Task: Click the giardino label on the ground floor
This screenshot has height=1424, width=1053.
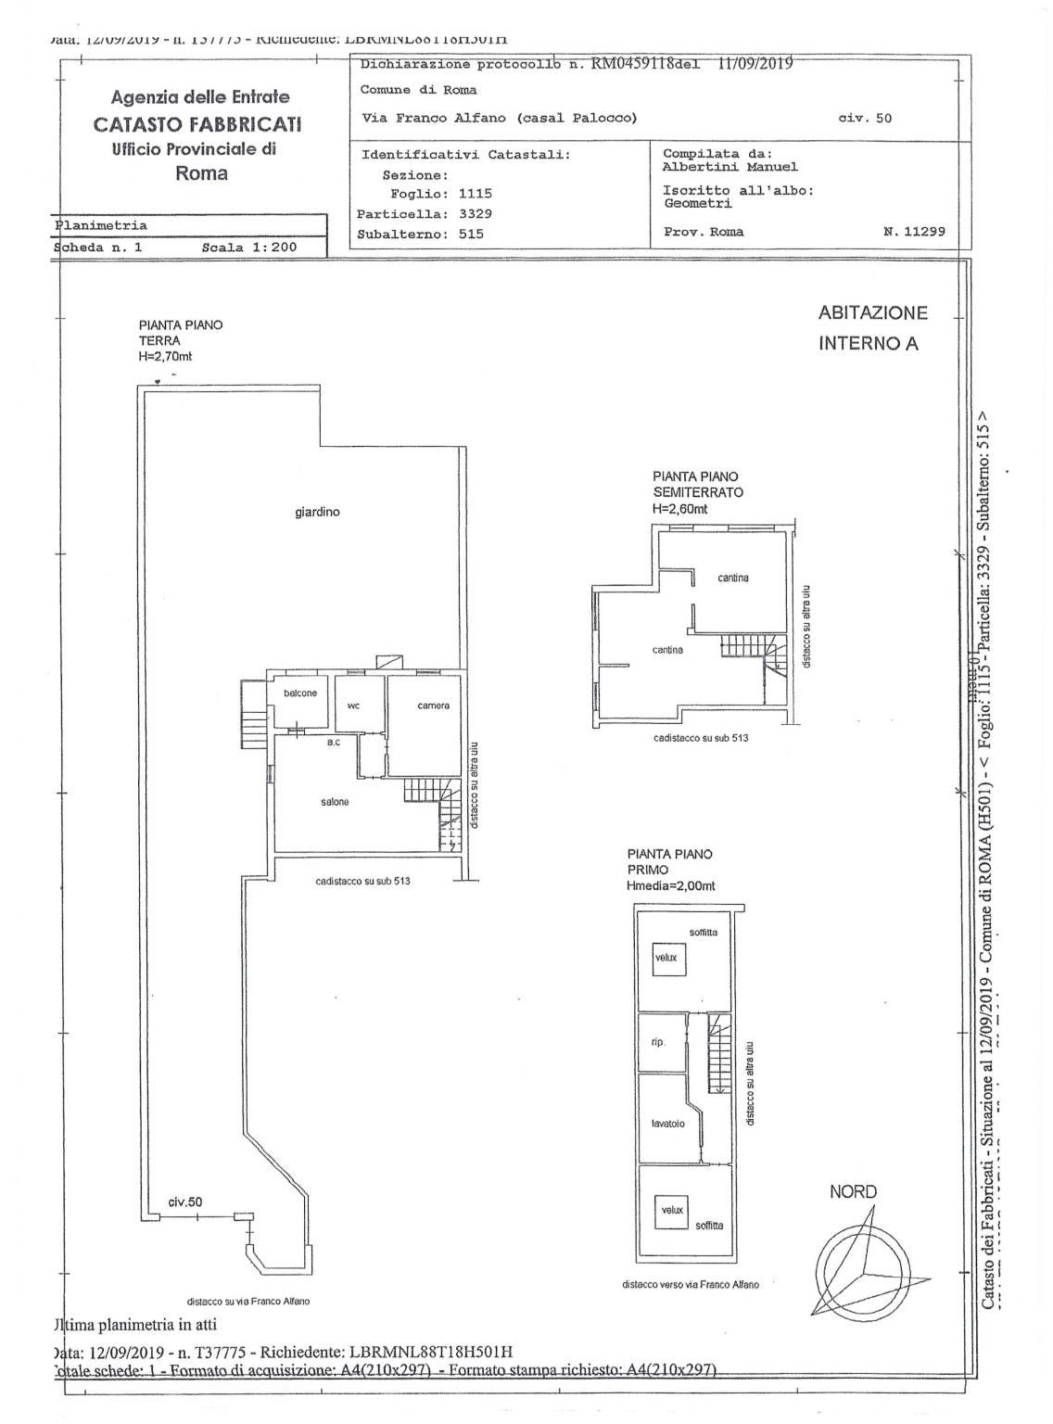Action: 317,512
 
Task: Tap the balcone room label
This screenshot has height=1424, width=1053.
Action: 300,693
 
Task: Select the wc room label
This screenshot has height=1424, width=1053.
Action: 353,706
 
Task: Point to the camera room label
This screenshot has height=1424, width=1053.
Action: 433,706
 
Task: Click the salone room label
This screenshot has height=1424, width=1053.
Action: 335,802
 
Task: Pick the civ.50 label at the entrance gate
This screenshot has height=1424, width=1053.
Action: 184,1201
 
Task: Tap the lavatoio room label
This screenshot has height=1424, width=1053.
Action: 667,1124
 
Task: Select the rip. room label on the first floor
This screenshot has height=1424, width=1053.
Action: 658,1042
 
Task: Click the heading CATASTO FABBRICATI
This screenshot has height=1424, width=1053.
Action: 197,124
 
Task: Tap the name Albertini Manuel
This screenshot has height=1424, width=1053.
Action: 730,167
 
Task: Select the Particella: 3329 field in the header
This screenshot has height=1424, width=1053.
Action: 425,213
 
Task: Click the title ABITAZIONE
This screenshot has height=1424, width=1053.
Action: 872,313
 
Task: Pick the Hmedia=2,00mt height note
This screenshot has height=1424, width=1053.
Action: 671,886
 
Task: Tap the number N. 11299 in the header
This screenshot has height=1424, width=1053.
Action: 914,232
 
